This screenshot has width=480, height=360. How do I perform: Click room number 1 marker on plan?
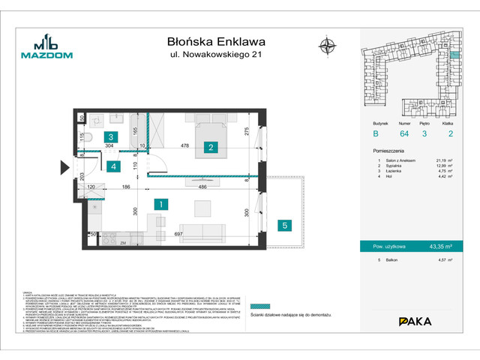160,203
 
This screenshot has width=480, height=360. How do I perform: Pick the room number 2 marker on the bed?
212,147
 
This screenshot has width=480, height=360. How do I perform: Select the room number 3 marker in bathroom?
110,136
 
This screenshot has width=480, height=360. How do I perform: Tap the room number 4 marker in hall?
110,166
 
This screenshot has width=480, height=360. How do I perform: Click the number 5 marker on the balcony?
285,223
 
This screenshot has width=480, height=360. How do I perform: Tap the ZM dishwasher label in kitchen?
121,244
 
